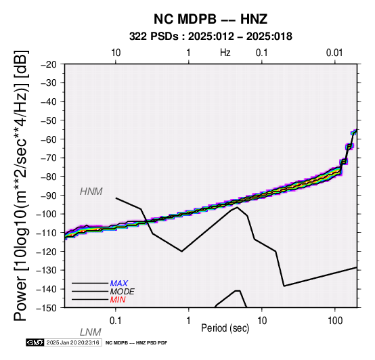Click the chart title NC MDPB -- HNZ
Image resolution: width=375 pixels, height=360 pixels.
point(211,19)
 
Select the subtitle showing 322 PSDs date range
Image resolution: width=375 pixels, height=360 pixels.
point(211,37)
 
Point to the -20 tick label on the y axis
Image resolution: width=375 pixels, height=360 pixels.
point(49,64)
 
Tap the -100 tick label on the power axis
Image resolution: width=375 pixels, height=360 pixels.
point(47,214)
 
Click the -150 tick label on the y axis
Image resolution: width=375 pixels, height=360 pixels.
point(47,308)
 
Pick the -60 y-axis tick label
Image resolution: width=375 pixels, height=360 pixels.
point(49,139)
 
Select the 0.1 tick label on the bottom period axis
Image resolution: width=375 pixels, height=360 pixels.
point(116,321)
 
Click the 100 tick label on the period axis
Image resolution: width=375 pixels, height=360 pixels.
point(335,321)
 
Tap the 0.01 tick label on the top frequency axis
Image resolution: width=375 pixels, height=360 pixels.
point(334,53)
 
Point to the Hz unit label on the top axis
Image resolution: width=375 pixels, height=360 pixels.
point(225,53)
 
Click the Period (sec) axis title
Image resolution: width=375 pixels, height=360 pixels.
point(225,328)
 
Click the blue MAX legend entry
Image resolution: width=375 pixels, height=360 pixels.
point(119,284)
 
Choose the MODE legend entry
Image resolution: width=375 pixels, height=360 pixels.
point(123,292)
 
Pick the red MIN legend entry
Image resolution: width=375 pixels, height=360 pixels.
point(118,300)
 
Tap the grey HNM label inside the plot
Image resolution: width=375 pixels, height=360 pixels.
point(91,192)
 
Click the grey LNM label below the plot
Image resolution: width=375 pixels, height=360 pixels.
point(91,332)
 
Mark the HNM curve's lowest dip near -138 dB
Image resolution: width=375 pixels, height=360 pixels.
point(284,286)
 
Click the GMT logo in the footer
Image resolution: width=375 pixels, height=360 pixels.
point(35,342)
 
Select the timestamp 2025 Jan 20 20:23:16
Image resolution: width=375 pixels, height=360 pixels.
point(72,342)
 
